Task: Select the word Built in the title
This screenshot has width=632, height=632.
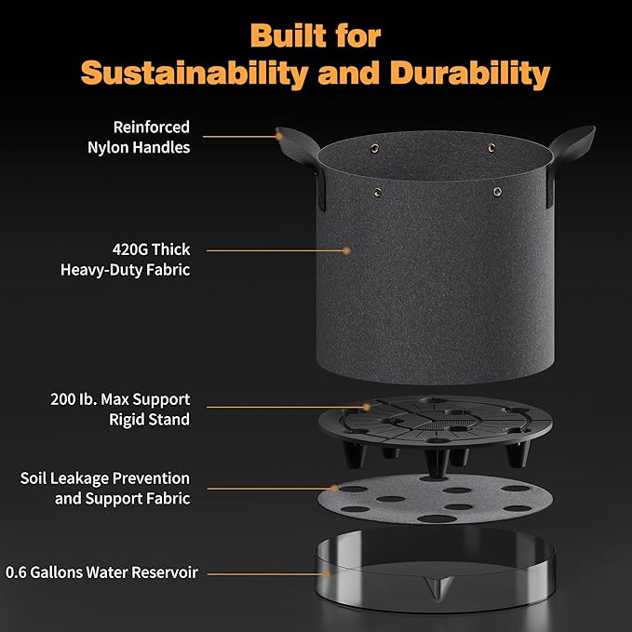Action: coord(288,36)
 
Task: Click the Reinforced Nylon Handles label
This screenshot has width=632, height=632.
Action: coord(139,137)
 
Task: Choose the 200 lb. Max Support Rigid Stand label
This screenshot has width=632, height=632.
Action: coord(120,410)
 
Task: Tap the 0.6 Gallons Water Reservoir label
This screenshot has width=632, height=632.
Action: coord(101,572)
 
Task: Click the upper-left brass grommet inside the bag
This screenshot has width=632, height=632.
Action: coord(375,149)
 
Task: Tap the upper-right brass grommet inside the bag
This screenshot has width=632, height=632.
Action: coord(491,148)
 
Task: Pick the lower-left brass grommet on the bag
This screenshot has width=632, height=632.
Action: coord(378,193)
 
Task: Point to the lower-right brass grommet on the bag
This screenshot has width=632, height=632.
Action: coord(498,192)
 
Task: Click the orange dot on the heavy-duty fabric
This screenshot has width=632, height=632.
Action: coord(346,250)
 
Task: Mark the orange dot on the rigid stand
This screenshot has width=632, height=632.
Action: coord(367,407)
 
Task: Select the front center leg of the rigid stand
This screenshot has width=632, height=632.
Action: coord(437,463)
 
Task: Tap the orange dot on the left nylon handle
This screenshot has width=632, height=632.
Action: coord(279,137)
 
